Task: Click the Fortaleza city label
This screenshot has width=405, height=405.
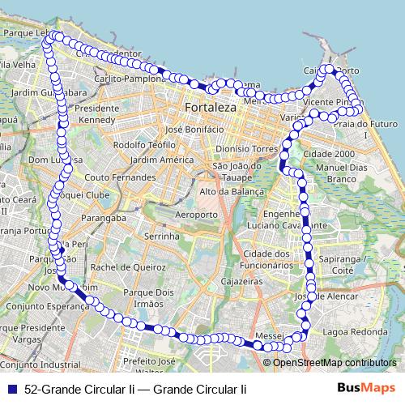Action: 210,107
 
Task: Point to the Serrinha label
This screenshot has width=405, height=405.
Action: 160,237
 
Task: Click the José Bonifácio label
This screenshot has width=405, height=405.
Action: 194,129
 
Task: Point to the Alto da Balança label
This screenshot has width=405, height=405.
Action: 232,191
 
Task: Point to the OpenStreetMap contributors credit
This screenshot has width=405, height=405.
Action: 335,363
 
